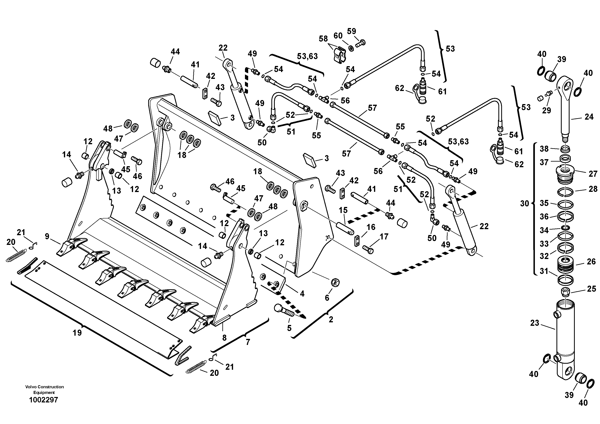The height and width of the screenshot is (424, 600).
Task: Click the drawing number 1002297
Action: tap(43, 400)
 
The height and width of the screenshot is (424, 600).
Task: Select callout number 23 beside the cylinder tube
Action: tap(534, 323)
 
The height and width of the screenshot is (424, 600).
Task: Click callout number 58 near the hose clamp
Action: tap(323, 39)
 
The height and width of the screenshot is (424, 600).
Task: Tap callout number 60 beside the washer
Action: tap(338, 36)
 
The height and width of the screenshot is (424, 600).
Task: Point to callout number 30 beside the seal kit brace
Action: tap(524, 204)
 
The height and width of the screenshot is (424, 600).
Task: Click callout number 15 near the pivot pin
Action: tap(343, 210)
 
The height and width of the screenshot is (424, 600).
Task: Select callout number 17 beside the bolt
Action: tap(384, 237)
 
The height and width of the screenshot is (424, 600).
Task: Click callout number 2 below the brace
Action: tap(331, 320)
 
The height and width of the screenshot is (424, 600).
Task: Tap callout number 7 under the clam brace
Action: tap(248, 342)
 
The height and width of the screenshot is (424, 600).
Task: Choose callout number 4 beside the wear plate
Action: tap(302, 294)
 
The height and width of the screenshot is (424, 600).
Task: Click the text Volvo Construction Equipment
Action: tap(44, 390)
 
